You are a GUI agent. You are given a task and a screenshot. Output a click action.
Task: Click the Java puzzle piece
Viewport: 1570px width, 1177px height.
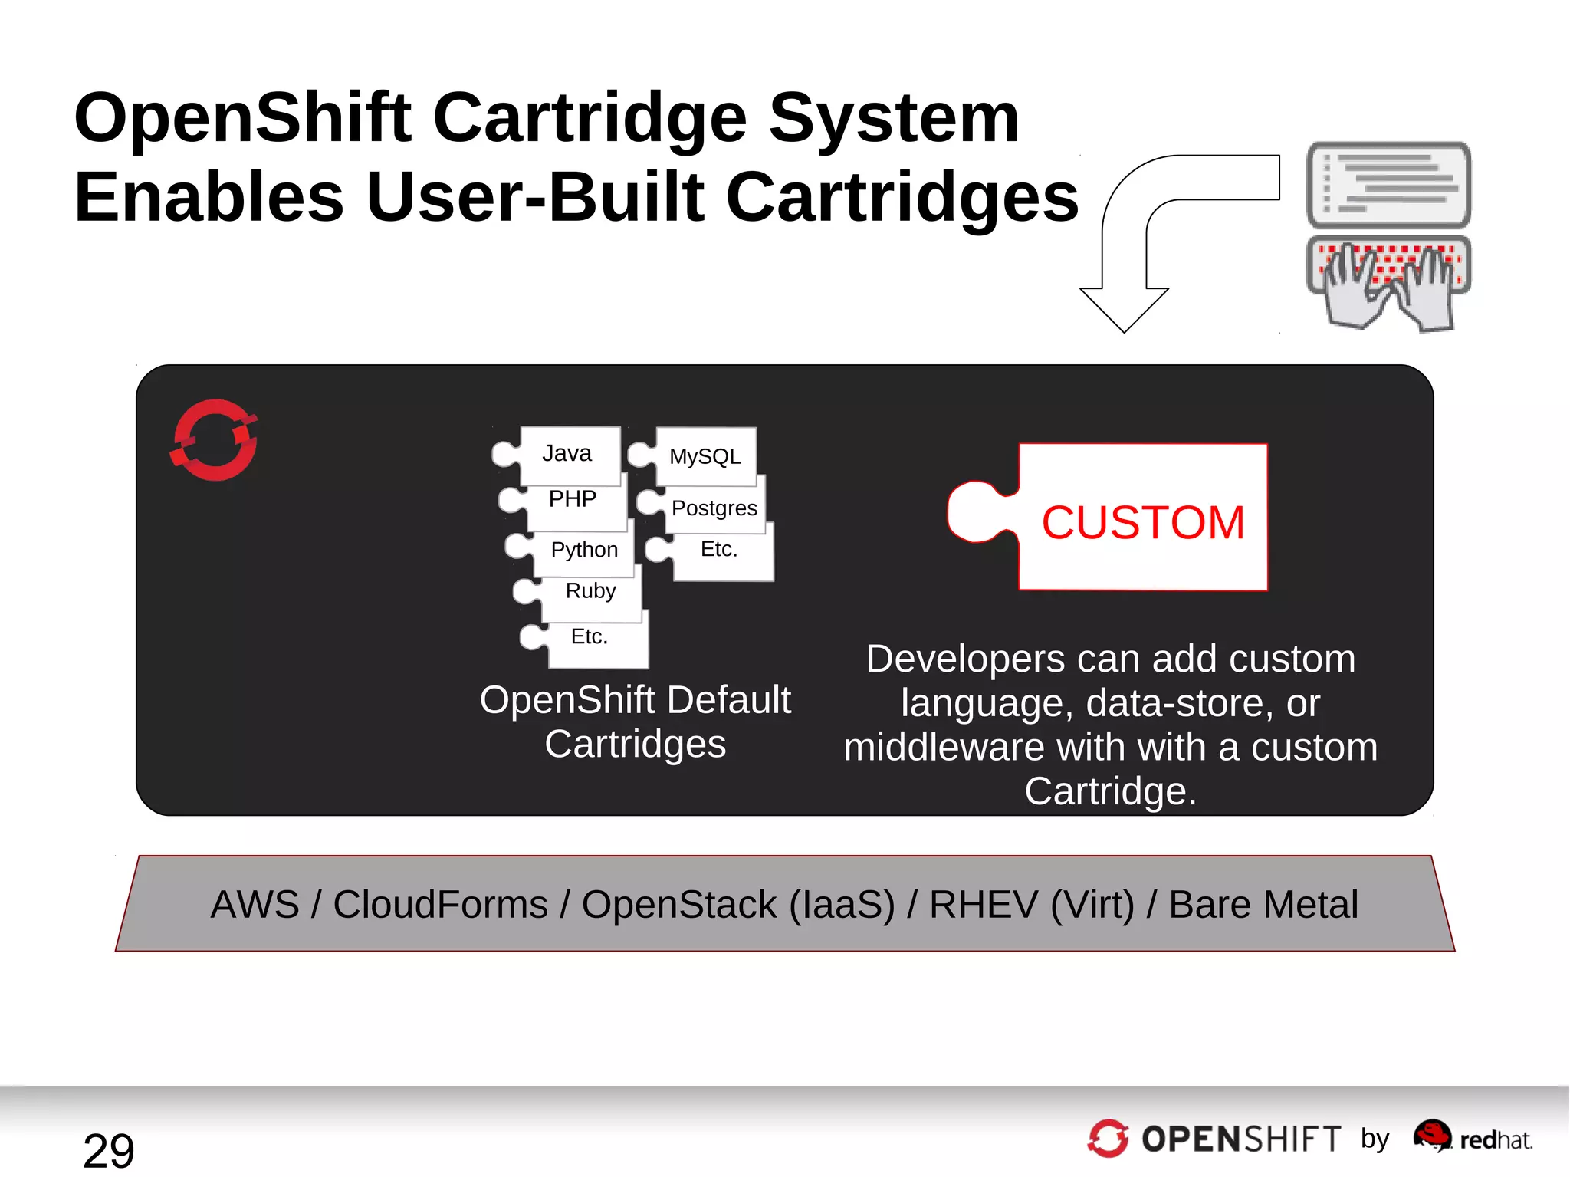[x=568, y=454]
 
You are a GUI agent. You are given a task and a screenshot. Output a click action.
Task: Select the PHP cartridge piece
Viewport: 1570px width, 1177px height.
[x=573, y=499]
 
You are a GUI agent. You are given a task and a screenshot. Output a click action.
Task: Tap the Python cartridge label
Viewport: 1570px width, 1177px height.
[x=584, y=550]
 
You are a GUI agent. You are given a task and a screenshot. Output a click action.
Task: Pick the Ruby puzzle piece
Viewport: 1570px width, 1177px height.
[x=590, y=591]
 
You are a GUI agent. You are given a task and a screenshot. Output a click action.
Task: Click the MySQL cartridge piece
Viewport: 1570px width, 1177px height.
[x=705, y=457]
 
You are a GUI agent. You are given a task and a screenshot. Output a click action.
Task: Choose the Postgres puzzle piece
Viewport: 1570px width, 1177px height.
[x=714, y=508]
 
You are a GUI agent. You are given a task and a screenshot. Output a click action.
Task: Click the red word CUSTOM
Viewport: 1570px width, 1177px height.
[x=1142, y=523]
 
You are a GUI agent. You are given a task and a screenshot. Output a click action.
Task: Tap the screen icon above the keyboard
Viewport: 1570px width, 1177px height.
[x=1388, y=185]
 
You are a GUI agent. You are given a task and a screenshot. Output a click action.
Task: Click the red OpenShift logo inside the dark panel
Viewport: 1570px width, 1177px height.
[x=215, y=440]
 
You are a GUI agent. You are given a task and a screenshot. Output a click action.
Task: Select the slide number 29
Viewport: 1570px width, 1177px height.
[x=109, y=1150]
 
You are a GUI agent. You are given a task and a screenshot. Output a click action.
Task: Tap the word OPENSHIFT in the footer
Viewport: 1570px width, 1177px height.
[x=1240, y=1139]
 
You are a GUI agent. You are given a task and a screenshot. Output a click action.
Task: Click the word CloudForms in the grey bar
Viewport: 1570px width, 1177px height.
[x=440, y=905]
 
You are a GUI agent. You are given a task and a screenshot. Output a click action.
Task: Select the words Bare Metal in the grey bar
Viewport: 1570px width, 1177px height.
[x=1263, y=905]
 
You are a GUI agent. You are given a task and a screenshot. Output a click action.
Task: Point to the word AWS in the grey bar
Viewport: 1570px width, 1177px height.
[x=255, y=905]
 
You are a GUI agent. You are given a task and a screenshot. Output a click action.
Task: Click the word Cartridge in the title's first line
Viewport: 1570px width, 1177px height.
[x=590, y=118]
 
